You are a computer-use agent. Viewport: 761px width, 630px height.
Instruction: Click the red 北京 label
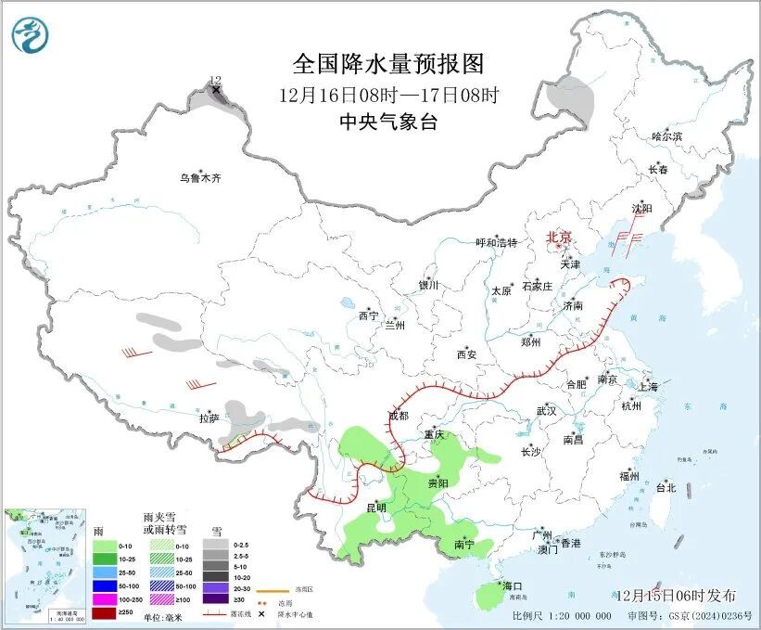coord(559,237)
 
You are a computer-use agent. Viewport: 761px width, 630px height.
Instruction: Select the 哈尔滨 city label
coord(666,137)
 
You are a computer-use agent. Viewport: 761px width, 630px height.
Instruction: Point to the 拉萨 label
coord(209,418)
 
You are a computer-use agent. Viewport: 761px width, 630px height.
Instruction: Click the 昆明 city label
coord(375,508)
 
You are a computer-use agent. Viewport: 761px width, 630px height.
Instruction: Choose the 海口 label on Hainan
coord(513,585)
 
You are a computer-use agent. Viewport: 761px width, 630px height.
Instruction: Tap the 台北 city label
coord(666,487)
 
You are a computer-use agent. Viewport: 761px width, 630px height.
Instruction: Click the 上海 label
coord(648,386)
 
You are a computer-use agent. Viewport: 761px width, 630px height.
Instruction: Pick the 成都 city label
coord(398,417)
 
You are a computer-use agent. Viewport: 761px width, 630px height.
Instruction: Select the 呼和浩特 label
coord(496,243)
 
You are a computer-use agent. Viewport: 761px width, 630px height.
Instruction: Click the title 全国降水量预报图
coord(389,64)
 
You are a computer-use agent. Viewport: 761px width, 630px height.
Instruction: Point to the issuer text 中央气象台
coord(388,121)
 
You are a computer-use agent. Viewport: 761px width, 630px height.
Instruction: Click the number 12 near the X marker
coord(215,81)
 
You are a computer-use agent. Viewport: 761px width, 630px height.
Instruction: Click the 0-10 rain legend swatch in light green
coord(103,546)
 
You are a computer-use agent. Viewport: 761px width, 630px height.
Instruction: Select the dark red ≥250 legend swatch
coord(103,614)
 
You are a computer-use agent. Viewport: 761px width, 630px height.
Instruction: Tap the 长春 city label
coord(657,170)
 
